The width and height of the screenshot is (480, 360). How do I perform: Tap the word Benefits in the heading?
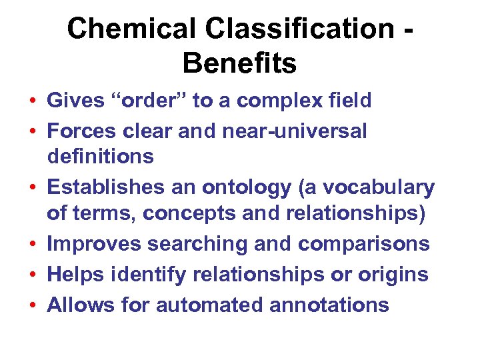[239, 64]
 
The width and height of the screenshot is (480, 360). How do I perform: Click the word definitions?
[100, 157]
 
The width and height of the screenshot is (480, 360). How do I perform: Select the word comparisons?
[363, 244]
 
